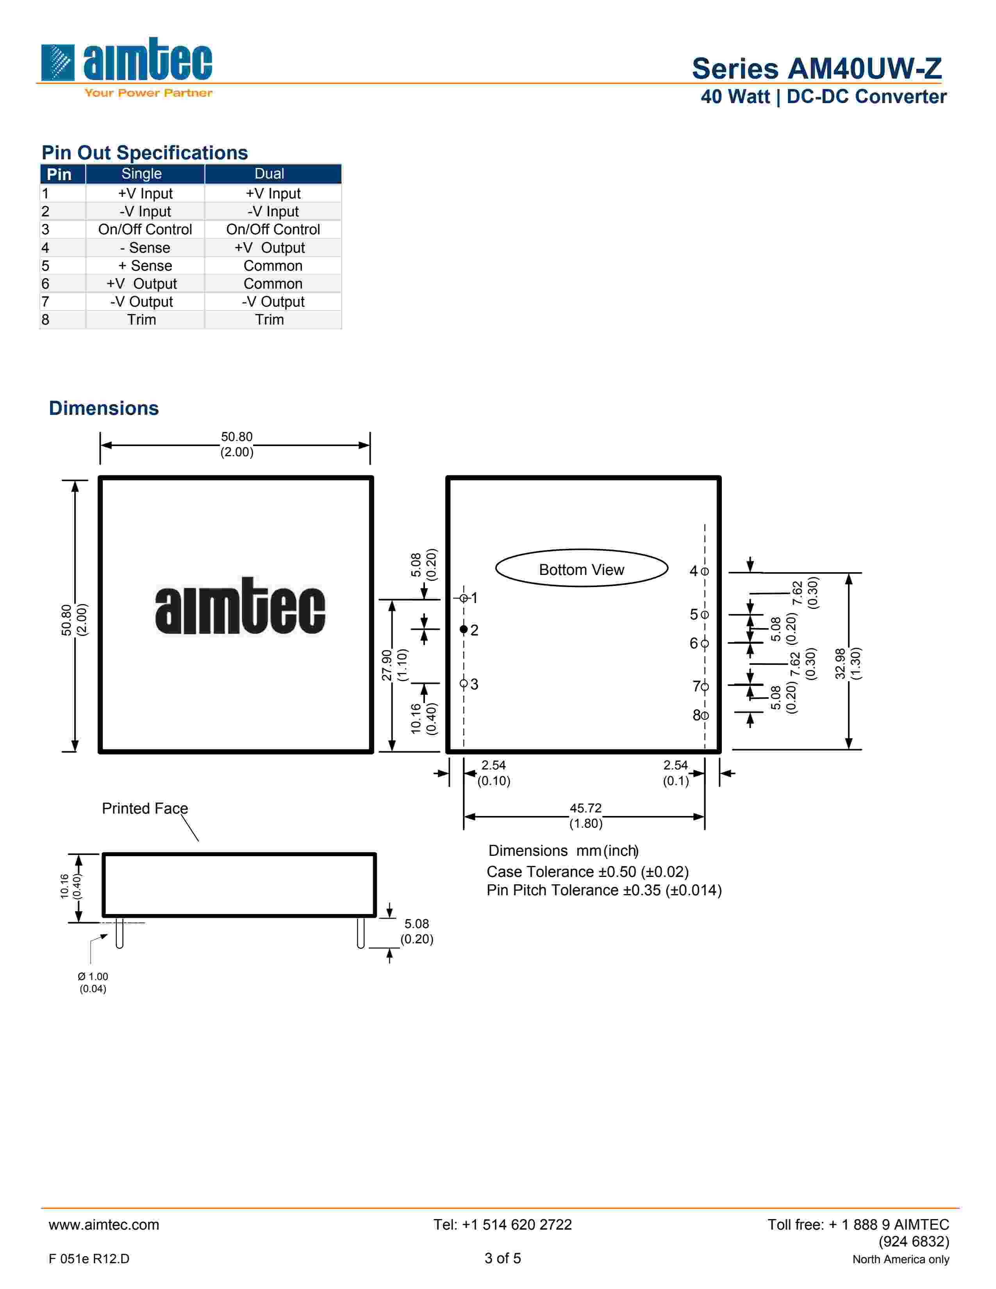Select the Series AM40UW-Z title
click(x=817, y=68)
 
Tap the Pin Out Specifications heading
click(x=145, y=152)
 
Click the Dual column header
click(x=269, y=173)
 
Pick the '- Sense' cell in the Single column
click(x=145, y=248)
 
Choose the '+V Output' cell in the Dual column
click(x=270, y=248)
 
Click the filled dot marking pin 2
click(x=464, y=629)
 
